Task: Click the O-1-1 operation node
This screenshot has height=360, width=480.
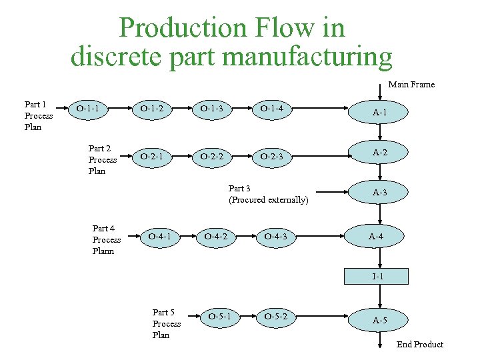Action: point(88,107)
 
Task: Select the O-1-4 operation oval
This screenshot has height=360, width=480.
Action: point(271,107)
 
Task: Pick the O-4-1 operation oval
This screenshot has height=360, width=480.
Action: point(159,235)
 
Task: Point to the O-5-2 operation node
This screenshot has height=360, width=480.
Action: point(275,315)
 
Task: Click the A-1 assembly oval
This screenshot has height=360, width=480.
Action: point(380,113)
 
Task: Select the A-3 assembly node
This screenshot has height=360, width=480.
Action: point(380,193)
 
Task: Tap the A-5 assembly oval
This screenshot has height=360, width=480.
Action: point(380,321)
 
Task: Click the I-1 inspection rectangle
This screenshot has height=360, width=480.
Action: point(377,275)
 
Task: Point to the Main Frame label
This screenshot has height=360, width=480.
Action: point(411,84)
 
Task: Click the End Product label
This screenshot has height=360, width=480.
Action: point(419,344)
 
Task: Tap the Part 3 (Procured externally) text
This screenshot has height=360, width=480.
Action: point(268,194)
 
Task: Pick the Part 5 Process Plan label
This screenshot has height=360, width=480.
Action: point(166,323)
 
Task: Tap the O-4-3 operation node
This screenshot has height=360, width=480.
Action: point(275,235)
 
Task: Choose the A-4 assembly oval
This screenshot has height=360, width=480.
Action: point(376,236)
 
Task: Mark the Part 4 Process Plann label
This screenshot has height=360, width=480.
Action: point(107,239)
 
